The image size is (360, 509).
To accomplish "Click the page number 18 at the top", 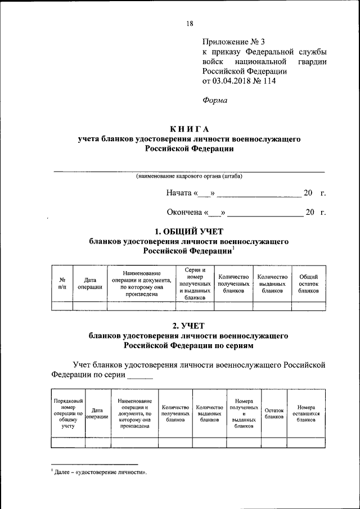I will [x=189, y=23].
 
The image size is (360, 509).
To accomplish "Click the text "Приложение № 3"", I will [x=233, y=42].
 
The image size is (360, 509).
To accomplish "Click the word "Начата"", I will [x=179, y=193].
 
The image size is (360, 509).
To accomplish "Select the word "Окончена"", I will [x=184, y=213].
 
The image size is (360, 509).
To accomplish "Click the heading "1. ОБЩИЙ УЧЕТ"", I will [x=189, y=231].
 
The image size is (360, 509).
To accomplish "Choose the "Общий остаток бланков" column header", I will [x=308, y=283].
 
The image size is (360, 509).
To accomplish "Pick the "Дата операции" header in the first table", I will [x=90, y=282].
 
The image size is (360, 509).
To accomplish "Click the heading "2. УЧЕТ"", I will [x=188, y=325].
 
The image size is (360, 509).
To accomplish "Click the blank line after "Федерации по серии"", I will [x=140, y=373].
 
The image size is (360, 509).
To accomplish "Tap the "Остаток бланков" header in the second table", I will [x=274, y=413].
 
